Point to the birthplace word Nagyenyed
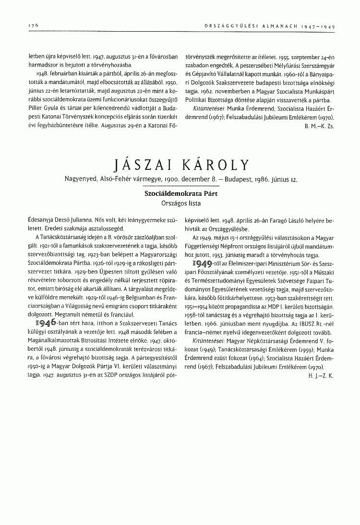(78, 179)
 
